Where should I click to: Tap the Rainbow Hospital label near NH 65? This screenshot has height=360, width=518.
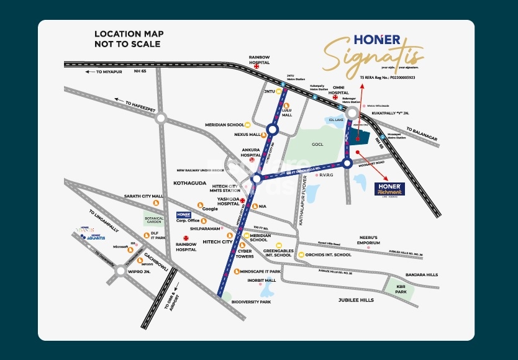[x=259, y=59]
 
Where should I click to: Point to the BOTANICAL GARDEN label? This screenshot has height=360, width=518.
[x=153, y=221]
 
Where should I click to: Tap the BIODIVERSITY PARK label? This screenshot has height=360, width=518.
[x=251, y=302]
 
